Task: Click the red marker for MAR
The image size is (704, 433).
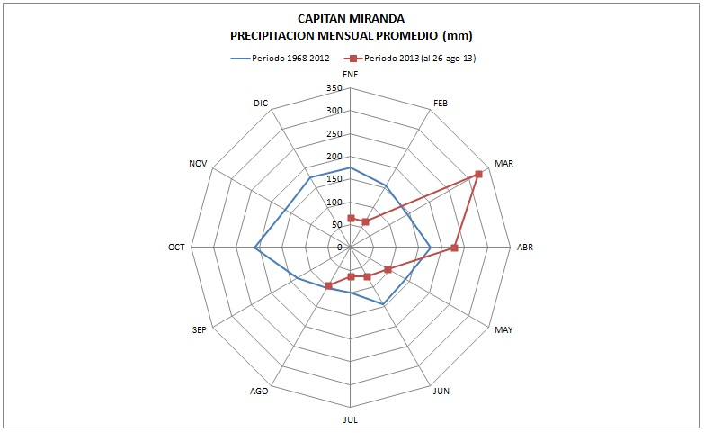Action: [478, 174]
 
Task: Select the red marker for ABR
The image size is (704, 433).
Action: [455, 248]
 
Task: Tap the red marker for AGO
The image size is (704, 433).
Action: [329, 286]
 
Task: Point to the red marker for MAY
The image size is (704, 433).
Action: [388, 269]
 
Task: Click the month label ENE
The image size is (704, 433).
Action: [351, 74]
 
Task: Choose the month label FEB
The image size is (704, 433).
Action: [441, 104]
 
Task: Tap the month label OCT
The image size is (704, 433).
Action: [176, 248]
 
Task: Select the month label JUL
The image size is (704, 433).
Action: [351, 419]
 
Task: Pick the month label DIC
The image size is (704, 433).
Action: [261, 104]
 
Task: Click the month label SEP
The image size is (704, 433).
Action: [201, 330]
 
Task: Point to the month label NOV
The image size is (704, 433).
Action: [199, 164]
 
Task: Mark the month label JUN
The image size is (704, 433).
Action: [441, 392]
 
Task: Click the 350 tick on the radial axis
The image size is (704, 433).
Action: [334, 89]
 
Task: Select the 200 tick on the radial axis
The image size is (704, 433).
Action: [334, 157]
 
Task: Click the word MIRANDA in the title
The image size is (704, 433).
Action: [378, 18]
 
